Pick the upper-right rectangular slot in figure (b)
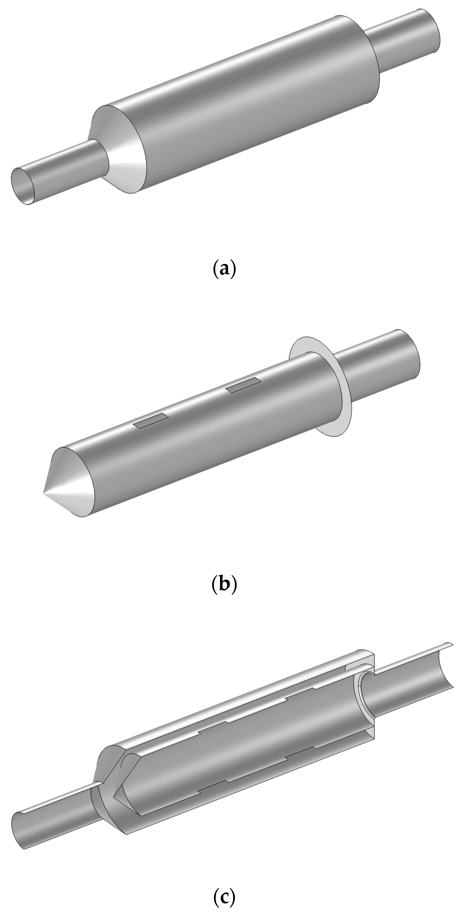coord(244,385)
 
